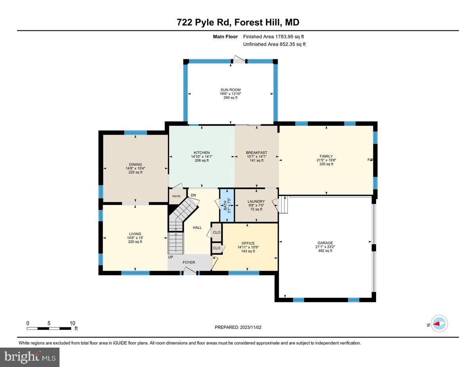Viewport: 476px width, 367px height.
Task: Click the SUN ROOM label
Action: coord(230,90)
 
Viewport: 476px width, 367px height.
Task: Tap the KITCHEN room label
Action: coord(202,153)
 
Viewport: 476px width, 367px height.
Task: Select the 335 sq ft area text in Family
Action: coord(326,164)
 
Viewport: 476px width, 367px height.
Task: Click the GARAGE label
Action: coord(325,243)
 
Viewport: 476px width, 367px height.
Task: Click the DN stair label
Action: coord(194,195)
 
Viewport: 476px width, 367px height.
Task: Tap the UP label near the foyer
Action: coord(171,257)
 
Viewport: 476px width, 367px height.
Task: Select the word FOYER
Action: coord(189,262)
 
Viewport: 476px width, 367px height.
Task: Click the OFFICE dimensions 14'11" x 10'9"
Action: coord(248,247)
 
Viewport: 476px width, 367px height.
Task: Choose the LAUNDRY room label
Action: coord(256,202)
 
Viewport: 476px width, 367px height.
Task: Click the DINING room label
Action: coord(135,165)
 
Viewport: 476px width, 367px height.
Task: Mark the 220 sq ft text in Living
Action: coord(135,241)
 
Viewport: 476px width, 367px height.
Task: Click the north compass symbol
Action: coord(439,323)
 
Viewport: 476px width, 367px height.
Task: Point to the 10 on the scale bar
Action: coord(72,323)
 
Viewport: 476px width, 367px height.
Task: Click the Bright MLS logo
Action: coord(30,357)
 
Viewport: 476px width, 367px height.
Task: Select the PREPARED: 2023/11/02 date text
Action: coord(238,327)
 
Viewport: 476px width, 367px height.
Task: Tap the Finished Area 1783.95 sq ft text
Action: coord(273,36)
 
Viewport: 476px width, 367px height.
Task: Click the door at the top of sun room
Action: coord(239,60)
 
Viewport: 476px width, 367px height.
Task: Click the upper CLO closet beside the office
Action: coord(217,232)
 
